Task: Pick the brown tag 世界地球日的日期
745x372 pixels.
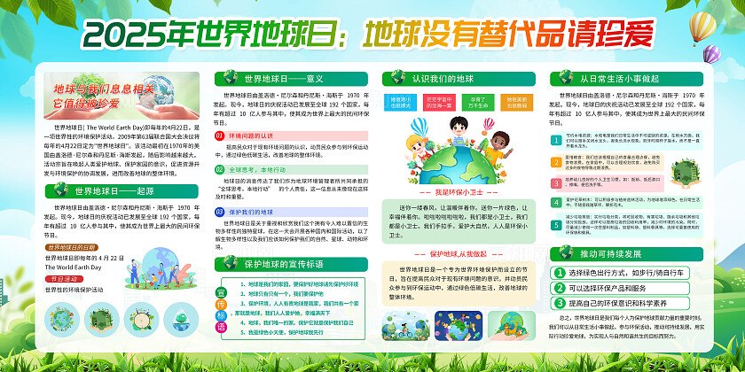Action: [x=75, y=247]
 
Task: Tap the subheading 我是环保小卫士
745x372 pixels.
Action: [x=458, y=191]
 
